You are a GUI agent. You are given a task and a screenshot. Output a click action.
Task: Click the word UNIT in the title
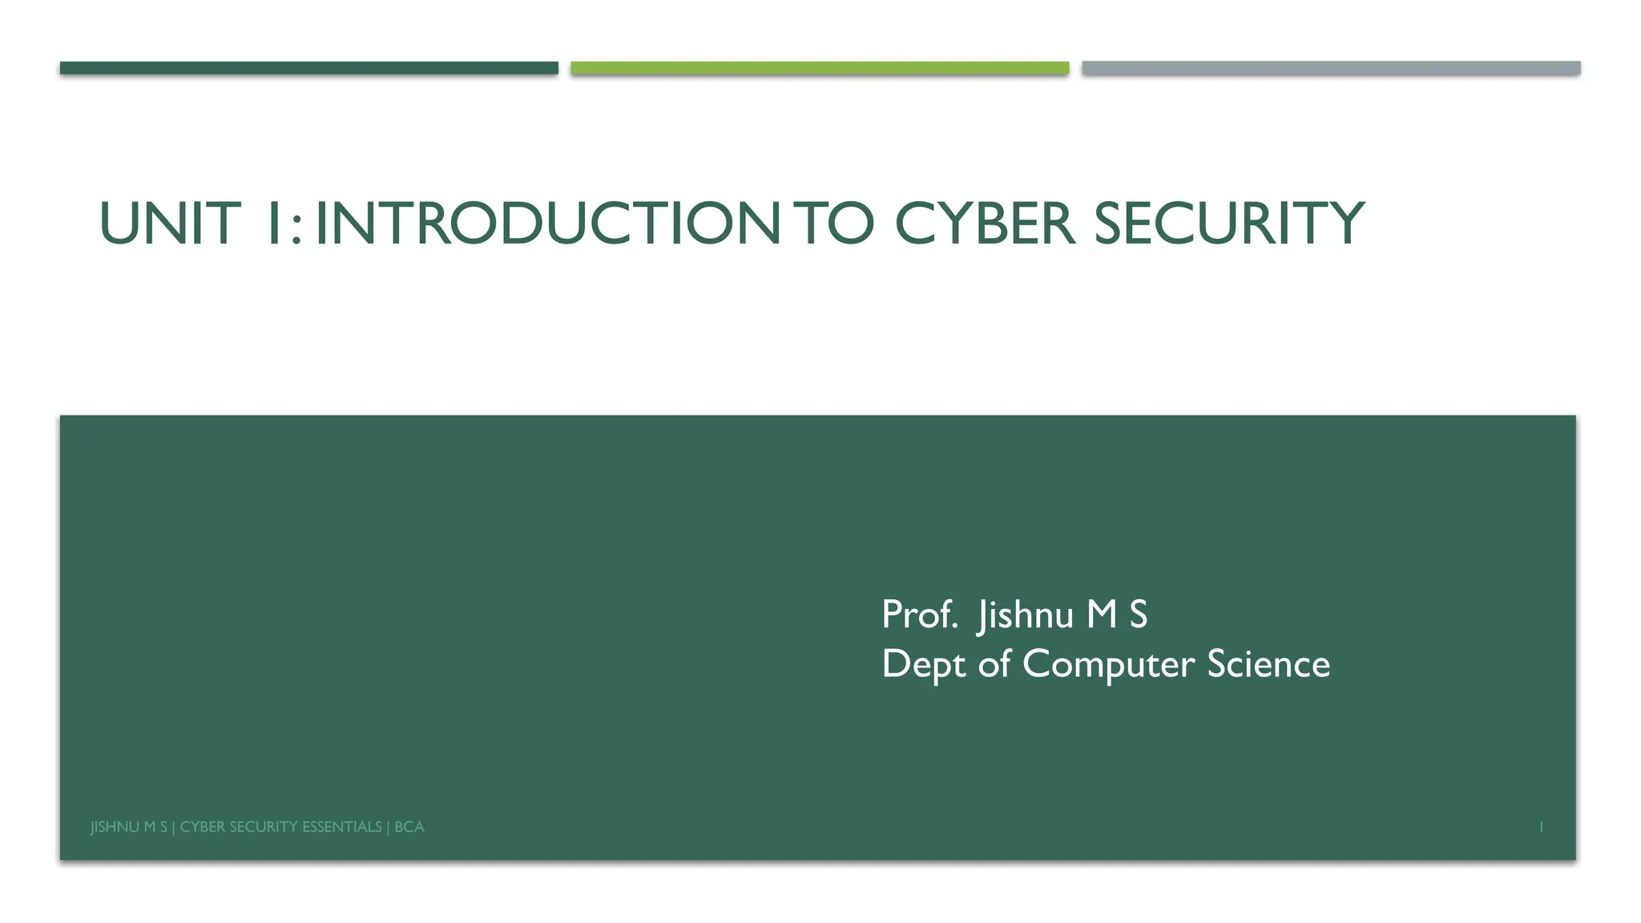[169, 224]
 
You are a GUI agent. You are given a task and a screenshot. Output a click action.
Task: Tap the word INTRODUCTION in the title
[547, 224]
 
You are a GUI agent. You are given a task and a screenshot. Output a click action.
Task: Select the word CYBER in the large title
[984, 224]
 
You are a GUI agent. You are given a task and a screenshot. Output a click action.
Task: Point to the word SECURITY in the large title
[1229, 224]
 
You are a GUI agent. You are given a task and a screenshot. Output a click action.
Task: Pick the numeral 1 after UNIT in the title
[273, 224]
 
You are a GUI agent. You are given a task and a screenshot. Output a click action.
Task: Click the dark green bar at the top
[308, 68]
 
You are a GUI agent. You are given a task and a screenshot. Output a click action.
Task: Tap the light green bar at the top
[820, 68]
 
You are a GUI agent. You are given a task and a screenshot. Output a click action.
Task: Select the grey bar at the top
[1331, 68]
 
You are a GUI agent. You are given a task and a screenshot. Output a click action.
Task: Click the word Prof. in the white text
[919, 615]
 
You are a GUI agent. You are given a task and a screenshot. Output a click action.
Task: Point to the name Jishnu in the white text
[1025, 615]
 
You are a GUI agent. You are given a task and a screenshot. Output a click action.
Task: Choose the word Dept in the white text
[924, 665]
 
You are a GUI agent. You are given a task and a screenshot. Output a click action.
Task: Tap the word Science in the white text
[1268, 665]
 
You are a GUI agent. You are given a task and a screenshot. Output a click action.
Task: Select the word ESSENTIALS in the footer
[341, 827]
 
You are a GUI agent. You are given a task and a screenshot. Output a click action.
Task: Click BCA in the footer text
[409, 827]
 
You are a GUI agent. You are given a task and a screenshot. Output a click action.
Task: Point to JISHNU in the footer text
[115, 827]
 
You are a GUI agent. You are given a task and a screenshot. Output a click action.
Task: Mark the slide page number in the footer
[1541, 827]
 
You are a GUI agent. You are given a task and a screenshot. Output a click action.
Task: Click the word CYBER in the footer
[202, 827]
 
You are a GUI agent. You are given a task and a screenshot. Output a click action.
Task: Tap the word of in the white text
[994, 665]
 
